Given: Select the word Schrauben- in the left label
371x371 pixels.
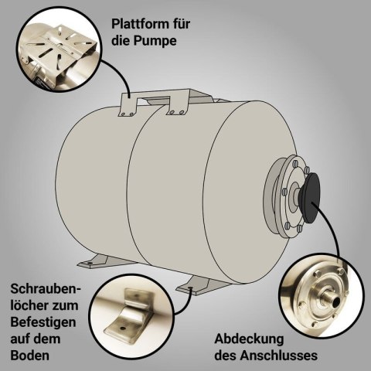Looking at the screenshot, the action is [x=46, y=289].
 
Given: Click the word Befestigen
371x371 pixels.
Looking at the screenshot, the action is [x=43, y=322].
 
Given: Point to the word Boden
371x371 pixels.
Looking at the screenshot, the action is [x=30, y=356].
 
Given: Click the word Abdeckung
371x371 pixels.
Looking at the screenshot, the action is [x=249, y=339].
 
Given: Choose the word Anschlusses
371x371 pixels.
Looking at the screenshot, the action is [x=279, y=356].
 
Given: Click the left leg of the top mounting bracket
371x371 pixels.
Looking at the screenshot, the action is [x=128, y=105].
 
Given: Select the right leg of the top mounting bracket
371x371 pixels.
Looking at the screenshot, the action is [x=178, y=105].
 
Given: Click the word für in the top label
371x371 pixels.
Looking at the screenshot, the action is [x=181, y=24].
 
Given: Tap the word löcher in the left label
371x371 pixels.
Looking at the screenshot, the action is [x=29, y=305].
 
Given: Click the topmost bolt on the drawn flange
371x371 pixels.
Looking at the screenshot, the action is [x=294, y=163].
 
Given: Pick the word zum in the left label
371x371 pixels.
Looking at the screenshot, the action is [x=65, y=307].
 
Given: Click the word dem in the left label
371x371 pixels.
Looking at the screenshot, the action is [x=48, y=339].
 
